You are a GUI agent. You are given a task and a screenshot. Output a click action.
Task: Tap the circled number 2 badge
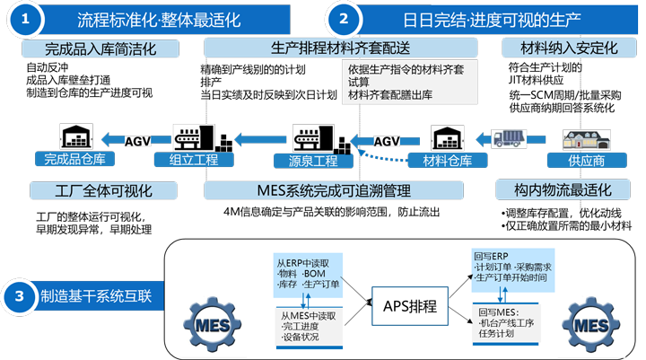344,19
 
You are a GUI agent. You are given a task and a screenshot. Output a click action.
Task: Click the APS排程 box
410,306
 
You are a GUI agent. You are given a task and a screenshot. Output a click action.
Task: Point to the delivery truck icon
509,139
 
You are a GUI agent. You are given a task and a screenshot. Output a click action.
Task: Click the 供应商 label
588,160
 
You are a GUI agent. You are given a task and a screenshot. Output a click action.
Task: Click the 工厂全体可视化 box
103,190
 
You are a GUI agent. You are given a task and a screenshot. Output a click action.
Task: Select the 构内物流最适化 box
569,190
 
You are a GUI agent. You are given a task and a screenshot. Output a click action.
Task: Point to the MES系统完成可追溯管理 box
334,190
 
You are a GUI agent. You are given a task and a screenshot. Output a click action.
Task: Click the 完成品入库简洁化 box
100,48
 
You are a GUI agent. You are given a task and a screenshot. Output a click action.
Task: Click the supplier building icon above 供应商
587,138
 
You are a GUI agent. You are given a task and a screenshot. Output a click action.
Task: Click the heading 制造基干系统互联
96,295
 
